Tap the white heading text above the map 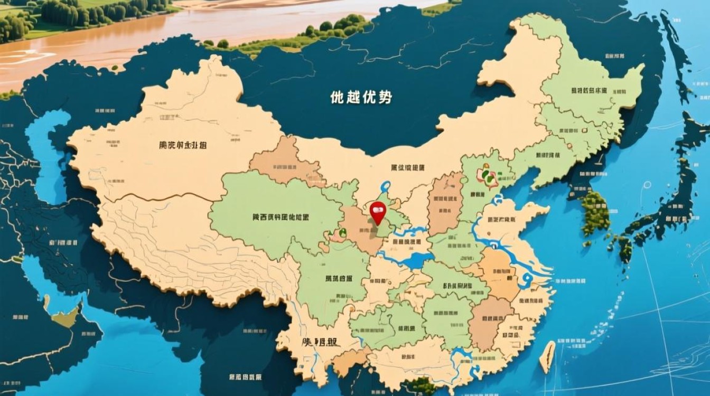pyautogui.click(x=361, y=97)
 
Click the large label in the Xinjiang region pyautogui.click(x=183, y=145)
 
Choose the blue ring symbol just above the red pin pyautogui.click(x=385, y=186)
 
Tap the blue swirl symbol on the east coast pyautogui.click(x=526, y=279)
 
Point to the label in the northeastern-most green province pyautogui.click(x=588, y=90)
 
